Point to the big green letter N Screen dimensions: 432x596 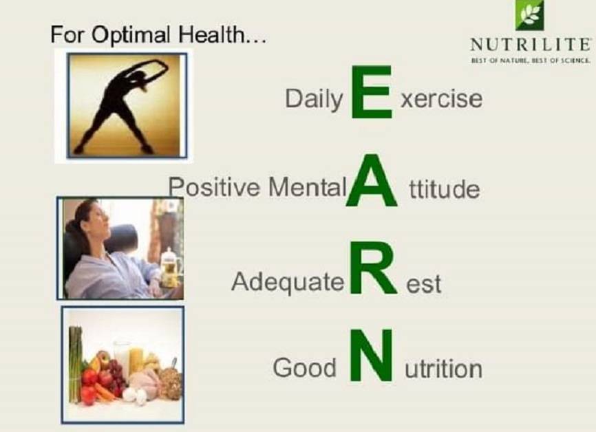(371, 356)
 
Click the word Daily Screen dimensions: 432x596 (313, 100)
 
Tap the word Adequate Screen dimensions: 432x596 (287, 282)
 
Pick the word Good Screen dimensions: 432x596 (304, 368)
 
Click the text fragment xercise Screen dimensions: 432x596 (441, 100)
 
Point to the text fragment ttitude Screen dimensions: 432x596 (444, 188)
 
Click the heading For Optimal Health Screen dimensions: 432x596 (158, 34)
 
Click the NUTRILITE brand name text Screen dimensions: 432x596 (530, 45)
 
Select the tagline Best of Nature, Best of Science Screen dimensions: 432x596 (530, 61)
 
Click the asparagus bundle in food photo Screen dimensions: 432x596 (75, 365)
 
